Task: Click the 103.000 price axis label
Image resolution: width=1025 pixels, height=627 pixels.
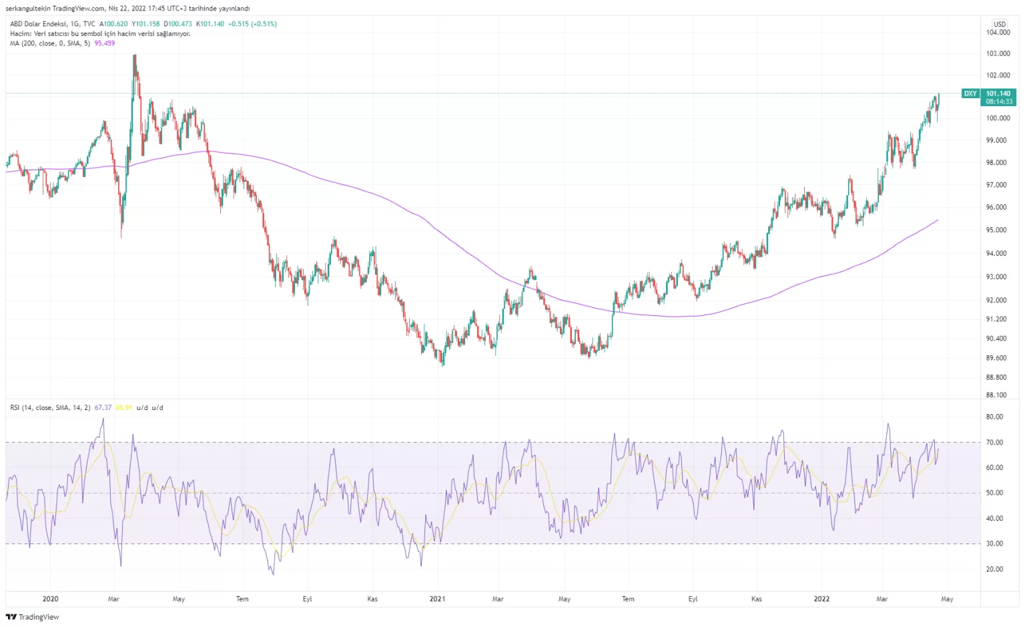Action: (998, 53)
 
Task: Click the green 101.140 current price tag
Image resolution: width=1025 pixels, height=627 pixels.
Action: (998, 93)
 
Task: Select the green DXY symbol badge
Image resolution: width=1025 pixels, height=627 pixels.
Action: (970, 93)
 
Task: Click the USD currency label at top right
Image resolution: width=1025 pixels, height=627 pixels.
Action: (1000, 24)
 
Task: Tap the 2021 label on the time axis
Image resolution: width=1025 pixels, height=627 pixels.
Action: (437, 599)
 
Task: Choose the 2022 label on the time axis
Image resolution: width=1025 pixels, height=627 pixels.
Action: (821, 599)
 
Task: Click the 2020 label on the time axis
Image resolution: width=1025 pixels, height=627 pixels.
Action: (50, 599)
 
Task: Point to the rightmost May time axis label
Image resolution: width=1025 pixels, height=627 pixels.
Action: (947, 599)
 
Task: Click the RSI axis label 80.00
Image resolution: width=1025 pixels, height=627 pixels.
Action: (994, 417)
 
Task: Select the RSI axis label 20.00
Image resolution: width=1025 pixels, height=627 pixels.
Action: (994, 569)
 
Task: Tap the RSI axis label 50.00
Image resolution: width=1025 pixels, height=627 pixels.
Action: (994, 493)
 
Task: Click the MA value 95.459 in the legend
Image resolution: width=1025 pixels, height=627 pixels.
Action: (105, 43)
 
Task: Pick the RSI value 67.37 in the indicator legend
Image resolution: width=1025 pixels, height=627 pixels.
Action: (103, 407)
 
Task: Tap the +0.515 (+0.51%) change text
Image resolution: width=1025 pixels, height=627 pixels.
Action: (252, 24)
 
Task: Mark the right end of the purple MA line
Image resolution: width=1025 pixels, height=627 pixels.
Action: (938, 220)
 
